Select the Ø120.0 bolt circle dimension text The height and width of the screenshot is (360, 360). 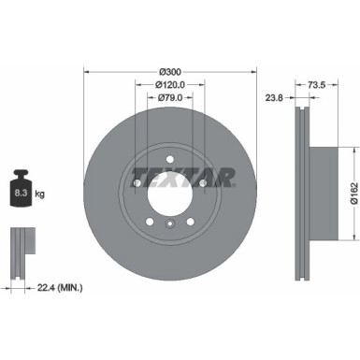click(x=169, y=84)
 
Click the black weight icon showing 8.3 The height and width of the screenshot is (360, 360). click(x=21, y=194)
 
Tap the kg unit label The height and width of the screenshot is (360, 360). click(x=40, y=195)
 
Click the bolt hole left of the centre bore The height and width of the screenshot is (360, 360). click(x=137, y=183)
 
